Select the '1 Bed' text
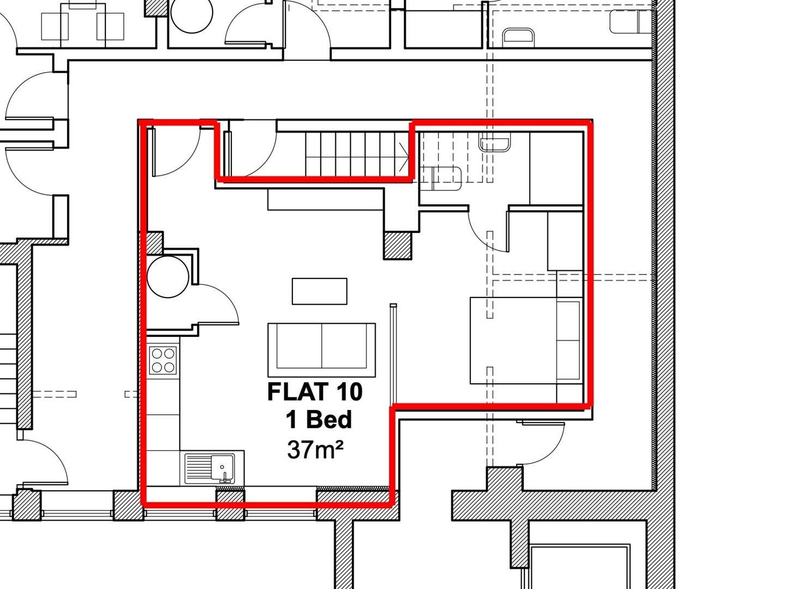pos(319,420)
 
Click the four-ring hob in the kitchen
pos(163,360)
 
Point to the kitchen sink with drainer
pos(210,468)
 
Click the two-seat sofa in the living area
pos(322,350)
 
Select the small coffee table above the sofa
pos(320,291)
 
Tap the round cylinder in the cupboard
pos(168,277)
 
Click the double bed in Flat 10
pos(526,340)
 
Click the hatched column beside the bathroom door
pos(398,246)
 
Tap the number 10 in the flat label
pos(349,392)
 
